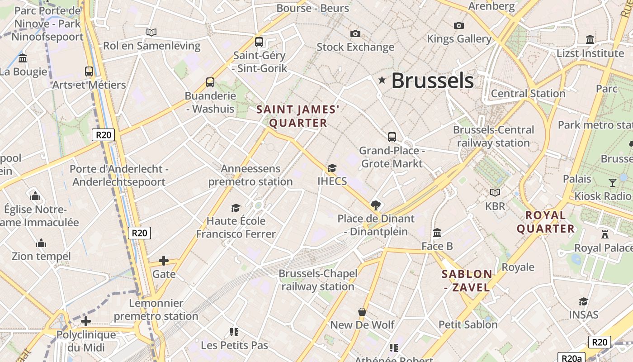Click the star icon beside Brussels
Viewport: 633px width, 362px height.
(x=382, y=80)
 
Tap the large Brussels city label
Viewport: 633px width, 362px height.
(x=432, y=81)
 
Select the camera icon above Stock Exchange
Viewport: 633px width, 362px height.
(x=355, y=33)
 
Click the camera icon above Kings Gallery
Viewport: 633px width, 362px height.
(x=459, y=25)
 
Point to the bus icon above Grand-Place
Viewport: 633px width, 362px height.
(x=392, y=137)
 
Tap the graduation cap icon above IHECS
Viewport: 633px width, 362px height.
(x=332, y=168)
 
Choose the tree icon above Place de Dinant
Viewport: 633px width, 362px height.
(x=375, y=205)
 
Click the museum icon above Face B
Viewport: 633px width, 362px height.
(x=437, y=233)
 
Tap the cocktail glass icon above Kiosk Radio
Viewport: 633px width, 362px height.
(x=613, y=182)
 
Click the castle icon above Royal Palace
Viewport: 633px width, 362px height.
(x=605, y=234)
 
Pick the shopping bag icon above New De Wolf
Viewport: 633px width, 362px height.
(x=362, y=312)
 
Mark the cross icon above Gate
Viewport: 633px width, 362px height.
(x=164, y=261)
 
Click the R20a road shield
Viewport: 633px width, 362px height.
(x=572, y=358)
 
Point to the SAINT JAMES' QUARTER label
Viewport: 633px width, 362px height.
(x=298, y=116)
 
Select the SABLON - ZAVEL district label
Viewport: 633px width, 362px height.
(x=467, y=281)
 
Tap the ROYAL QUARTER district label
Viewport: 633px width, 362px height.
(x=546, y=222)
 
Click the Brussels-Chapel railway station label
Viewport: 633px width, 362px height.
(x=318, y=280)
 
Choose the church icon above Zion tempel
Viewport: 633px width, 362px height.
(x=41, y=243)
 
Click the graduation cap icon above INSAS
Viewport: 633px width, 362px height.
(x=583, y=301)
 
